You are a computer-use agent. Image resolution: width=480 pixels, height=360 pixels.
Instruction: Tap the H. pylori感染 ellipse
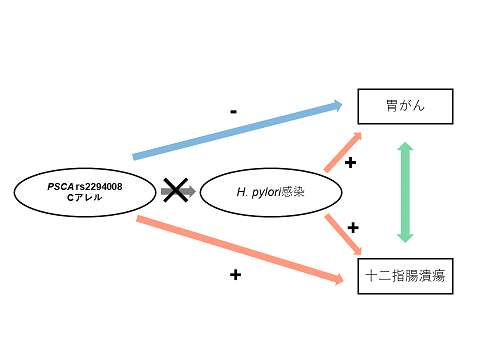[271, 191]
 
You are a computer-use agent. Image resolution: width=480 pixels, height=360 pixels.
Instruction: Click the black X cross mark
[176, 190]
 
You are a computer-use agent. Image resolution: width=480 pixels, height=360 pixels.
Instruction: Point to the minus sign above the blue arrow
[233, 112]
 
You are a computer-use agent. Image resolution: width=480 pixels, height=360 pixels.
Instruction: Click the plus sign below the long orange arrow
[235, 273]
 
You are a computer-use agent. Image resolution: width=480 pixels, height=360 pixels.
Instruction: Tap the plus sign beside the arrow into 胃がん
[350, 162]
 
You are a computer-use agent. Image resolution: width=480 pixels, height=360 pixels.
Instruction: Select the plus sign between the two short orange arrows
[352, 228]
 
